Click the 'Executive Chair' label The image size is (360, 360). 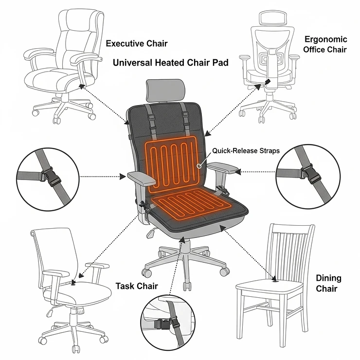tap(137, 44)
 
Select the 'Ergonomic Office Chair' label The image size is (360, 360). tap(325, 44)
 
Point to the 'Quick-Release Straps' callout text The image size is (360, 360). tap(246, 151)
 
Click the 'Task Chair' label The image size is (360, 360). tap(136, 286)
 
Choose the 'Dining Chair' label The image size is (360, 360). tap(328, 284)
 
